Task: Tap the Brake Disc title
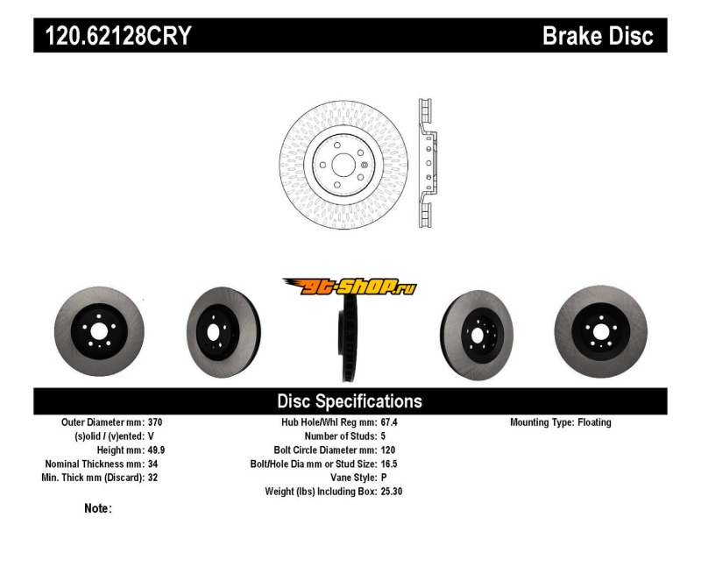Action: click(x=598, y=36)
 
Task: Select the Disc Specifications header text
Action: click(x=350, y=401)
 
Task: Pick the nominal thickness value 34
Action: click(x=153, y=464)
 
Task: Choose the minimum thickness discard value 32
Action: click(x=153, y=478)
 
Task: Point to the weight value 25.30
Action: click(x=392, y=492)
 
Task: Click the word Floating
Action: click(x=594, y=422)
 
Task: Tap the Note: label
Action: click(x=98, y=508)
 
